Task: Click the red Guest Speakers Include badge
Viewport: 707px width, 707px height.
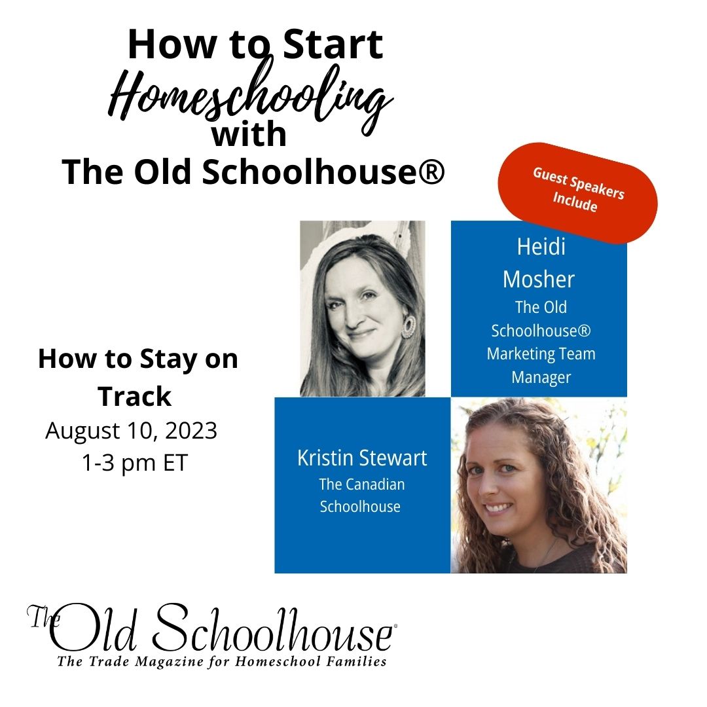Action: point(577,193)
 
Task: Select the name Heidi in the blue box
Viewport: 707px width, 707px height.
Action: point(541,247)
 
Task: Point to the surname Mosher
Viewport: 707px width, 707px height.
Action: point(539,280)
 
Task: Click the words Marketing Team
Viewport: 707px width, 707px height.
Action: point(541,353)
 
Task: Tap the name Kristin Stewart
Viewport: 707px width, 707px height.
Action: point(362,458)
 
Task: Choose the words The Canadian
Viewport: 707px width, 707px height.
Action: point(361,484)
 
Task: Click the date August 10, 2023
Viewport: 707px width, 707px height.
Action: point(131,431)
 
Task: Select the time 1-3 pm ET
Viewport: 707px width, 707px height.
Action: point(134,463)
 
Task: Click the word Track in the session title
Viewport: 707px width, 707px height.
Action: point(135,397)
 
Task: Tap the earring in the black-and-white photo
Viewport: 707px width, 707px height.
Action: point(408,327)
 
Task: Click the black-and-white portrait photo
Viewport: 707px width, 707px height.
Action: point(363,309)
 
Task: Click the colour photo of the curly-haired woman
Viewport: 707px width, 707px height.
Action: point(539,485)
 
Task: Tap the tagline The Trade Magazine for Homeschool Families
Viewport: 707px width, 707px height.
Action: point(222,661)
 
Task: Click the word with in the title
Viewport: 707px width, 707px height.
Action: point(249,135)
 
